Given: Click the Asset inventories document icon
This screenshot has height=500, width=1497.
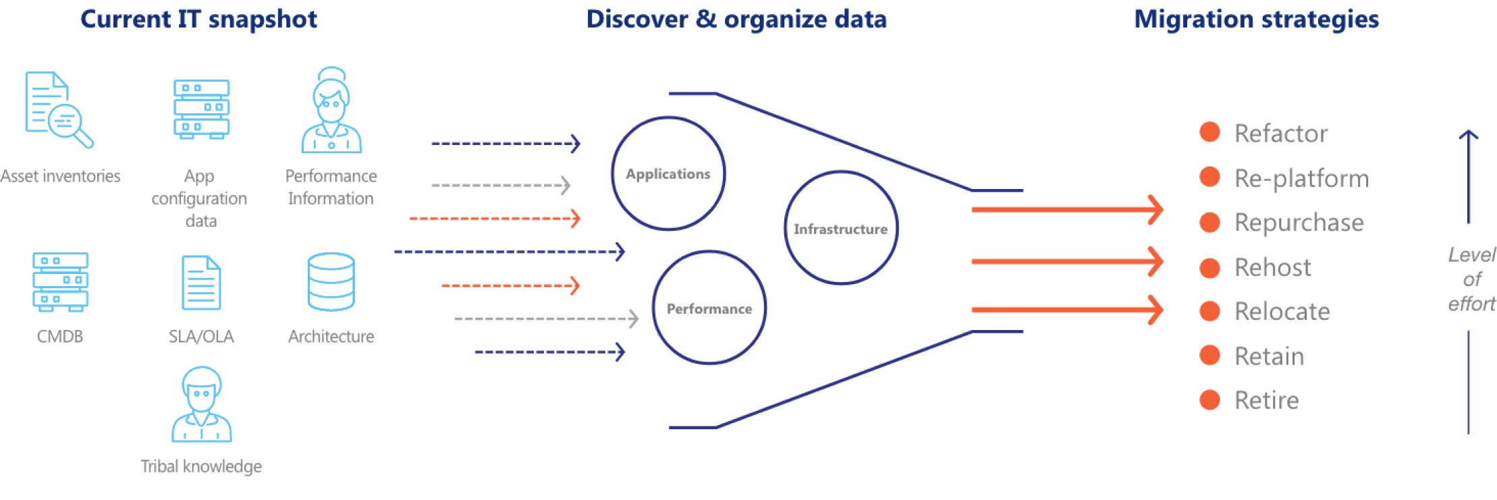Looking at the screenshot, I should (x=58, y=109).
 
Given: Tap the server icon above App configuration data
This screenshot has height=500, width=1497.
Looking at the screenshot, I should (x=201, y=109).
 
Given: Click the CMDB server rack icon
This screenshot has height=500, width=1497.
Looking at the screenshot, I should (x=60, y=282).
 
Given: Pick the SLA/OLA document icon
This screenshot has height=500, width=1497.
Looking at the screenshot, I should (x=201, y=283).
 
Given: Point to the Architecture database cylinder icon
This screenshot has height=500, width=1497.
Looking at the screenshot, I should (x=331, y=281).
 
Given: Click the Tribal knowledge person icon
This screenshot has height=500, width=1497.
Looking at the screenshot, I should (x=201, y=404).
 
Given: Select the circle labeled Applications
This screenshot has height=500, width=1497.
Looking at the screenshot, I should (x=668, y=173).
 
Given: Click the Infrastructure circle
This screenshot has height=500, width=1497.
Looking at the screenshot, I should (x=841, y=228).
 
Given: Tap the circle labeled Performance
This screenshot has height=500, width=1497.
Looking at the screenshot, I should (x=709, y=308).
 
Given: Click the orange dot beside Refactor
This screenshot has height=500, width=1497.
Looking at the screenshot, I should (x=1209, y=132).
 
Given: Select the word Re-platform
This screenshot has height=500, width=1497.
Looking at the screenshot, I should (x=1301, y=178).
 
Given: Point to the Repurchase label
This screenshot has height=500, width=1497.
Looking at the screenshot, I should (x=1299, y=223).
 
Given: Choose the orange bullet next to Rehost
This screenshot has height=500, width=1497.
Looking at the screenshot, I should (x=1209, y=267).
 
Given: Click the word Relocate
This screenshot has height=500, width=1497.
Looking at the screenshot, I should (x=1282, y=311).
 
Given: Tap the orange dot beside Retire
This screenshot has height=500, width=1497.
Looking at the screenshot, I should (x=1209, y=399).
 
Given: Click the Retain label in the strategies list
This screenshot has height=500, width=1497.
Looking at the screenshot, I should (x=1269, y=356).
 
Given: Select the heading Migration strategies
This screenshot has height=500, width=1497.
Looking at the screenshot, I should (x=1256, y=20).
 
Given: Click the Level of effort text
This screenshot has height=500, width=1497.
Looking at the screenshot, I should (x=1471, y=279).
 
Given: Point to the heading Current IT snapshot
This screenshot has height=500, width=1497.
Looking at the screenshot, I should (x=198, y=20).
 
